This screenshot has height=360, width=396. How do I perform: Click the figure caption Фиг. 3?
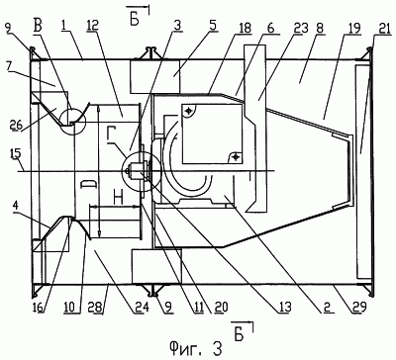click(x=195, y=347)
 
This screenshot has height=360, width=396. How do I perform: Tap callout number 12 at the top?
click(x=94, y=26)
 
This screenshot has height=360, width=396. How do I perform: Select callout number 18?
click(x=245, y=28)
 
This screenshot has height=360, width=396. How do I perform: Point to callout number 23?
click(x=302, y=28)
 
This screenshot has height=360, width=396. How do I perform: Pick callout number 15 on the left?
click(x=13, y=153)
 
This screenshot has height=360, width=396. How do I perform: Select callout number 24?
click(x=143, y=308)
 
